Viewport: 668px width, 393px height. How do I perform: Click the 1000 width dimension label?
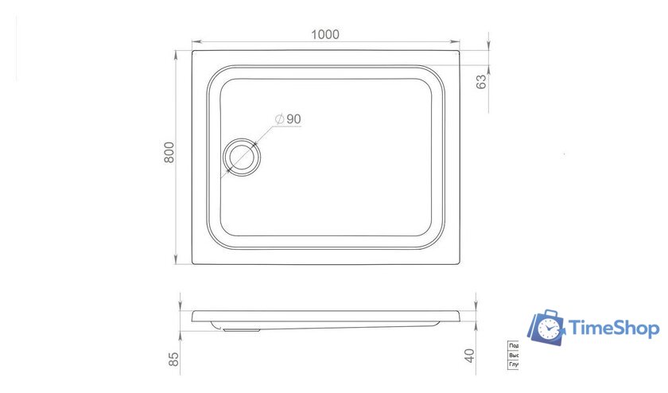pyautogui.click(x=326, y=34)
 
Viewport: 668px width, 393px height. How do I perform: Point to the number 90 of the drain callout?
pyautogui.click(x=293, y=119)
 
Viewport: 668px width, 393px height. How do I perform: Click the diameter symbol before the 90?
pyautogui.click(x=279, y=119)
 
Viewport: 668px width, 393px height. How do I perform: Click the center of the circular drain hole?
pyautogui.click(x=241, y=156)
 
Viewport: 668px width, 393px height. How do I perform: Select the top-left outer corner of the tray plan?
pyautogui.click(x=192, y=52)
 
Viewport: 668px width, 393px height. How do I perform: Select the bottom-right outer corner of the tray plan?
pyautogui.click(x=460, y=264)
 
